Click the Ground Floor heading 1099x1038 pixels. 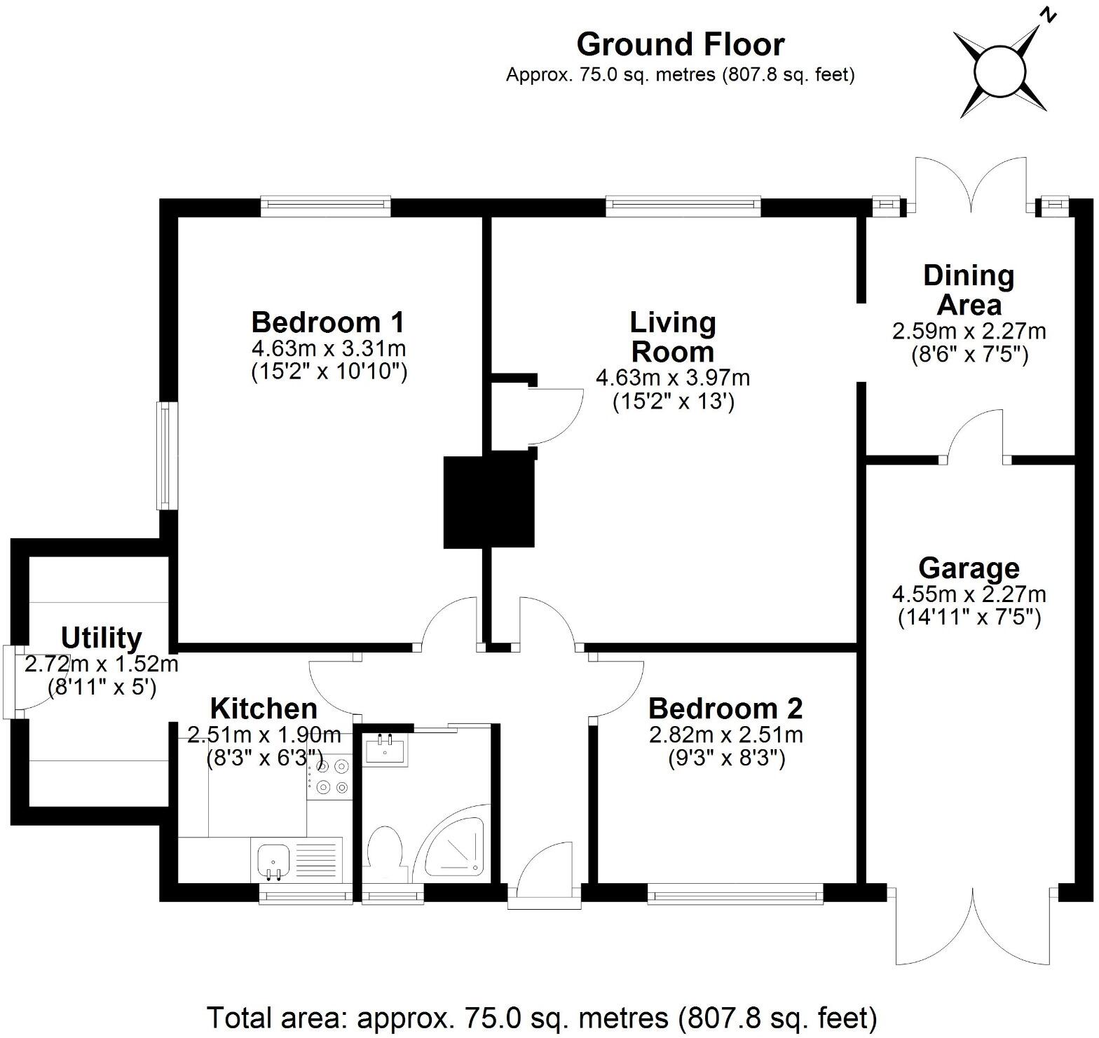click(680, 45)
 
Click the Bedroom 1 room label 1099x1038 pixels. click(328, 322)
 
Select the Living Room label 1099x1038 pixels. click(672, 337)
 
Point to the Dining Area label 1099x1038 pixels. click(969, 290)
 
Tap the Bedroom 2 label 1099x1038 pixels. click(725, 709)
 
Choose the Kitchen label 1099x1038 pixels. click(264, 709)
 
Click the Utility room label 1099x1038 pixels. click(102, 638)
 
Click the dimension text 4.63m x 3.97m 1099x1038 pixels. click(672, 378)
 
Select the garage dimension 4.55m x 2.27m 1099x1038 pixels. click(969, 595)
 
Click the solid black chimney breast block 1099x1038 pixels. click(489, 502)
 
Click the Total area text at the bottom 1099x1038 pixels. click(542, 1016)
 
